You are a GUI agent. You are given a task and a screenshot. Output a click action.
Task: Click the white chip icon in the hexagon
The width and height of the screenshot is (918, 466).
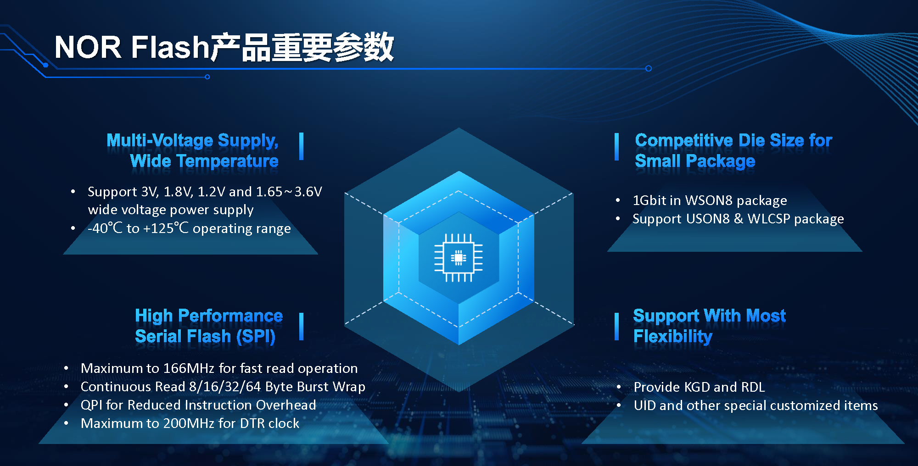pos(459,258)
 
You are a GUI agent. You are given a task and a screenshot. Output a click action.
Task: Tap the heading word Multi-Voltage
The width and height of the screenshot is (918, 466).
pos(160,140)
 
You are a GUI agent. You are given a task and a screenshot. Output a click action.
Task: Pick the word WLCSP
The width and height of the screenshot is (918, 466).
pos(769,219)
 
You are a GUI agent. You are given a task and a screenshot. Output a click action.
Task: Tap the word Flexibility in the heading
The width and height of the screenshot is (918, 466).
pos(673,337)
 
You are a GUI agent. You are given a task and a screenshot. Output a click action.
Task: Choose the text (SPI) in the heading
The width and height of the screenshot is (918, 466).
pos(256,337)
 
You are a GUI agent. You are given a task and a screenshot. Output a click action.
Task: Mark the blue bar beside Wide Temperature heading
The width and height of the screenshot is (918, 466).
pos(301,146)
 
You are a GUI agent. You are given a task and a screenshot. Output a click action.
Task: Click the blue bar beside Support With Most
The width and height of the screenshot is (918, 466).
pos(616,327)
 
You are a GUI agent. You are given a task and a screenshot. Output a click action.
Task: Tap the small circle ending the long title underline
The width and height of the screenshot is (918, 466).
pos(649,68)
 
